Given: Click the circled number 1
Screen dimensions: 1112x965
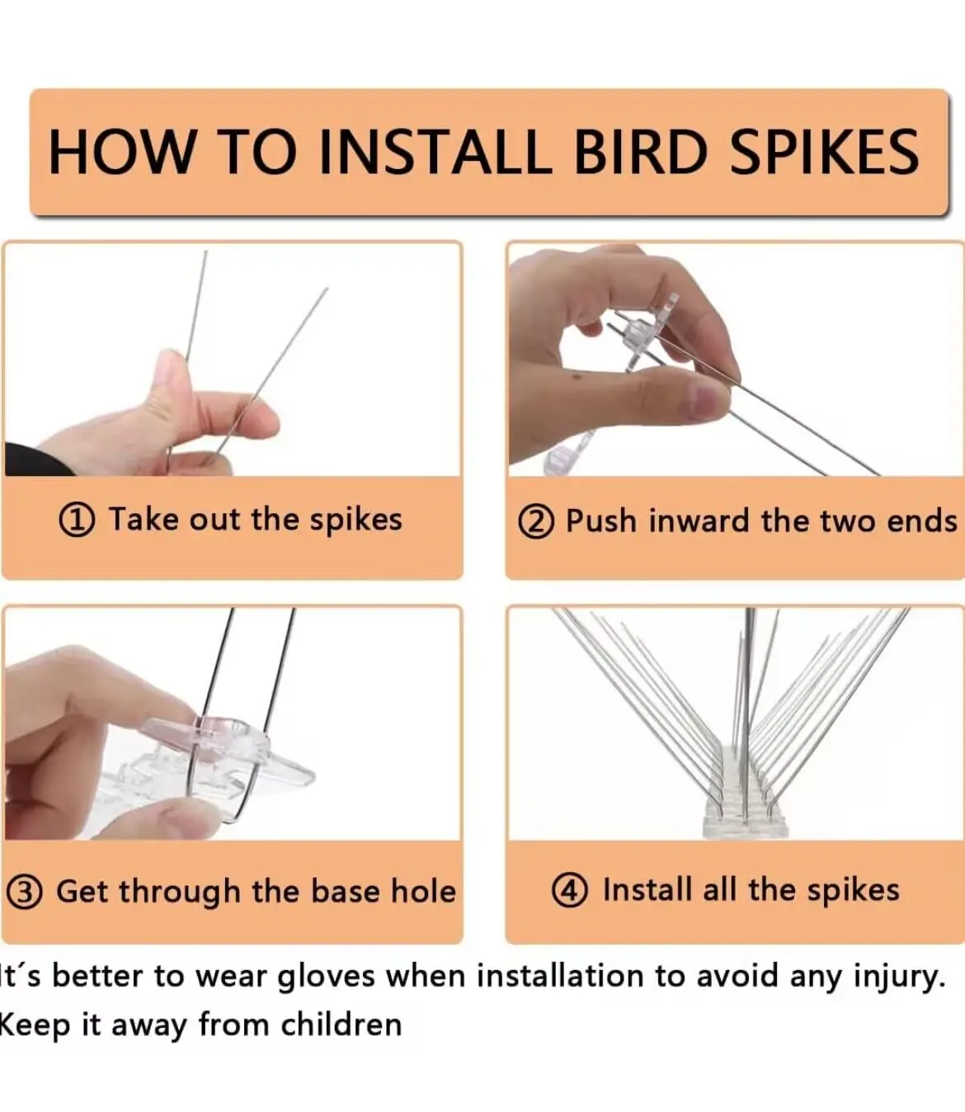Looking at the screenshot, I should pos(77,521).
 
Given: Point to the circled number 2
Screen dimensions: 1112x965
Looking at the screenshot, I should pos(535,522).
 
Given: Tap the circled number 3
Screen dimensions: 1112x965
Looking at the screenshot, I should pos(24,892).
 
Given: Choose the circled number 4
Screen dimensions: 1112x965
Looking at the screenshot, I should pos(570,891).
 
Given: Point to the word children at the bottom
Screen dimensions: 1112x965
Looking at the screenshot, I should pos(341,1025).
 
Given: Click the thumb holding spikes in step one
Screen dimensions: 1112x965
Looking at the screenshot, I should pos(169,388).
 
